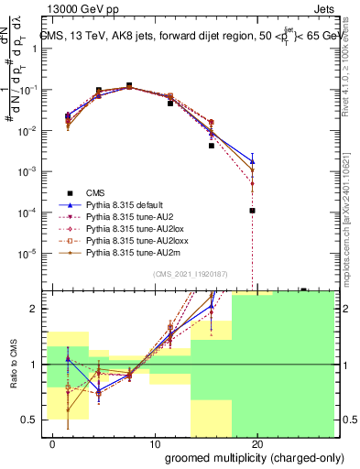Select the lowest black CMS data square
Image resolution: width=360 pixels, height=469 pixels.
tap(252, 211)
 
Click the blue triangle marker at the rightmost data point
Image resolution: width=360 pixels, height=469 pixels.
tap(252, 161)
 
